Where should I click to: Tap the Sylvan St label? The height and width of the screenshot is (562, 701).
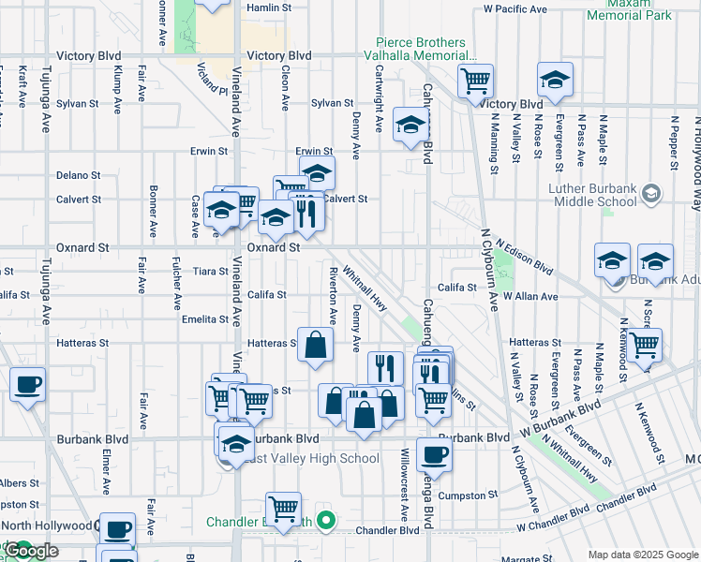tap(332, 104)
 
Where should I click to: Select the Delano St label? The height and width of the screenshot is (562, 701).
tap(78, 175)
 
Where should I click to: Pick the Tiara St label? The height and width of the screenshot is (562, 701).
tap(211, 272)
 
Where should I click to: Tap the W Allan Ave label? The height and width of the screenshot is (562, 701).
tap(530, 296)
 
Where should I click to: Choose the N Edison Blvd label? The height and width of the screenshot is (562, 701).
tap(524, 255)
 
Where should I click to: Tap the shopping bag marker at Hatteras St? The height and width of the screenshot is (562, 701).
tap(316, 344)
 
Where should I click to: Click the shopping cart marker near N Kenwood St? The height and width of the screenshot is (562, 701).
tap(645, 345)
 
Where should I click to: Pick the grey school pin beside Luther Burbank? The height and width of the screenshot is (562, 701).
tap(652, 195)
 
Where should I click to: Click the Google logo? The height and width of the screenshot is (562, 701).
tap(30, 551)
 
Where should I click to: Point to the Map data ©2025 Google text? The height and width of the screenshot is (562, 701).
tap(644, 555)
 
